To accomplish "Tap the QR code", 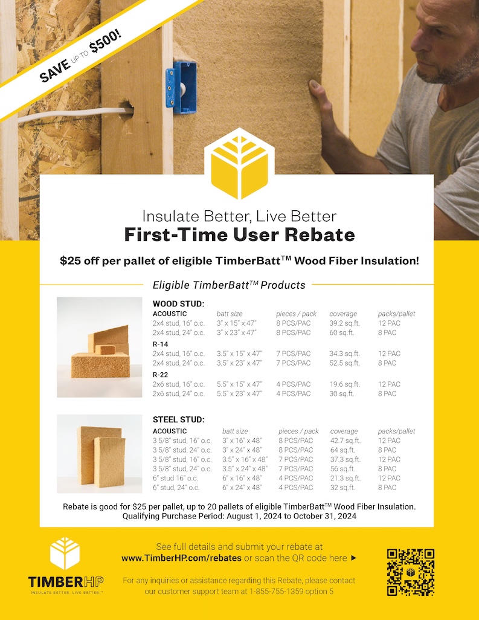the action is pos(411,572).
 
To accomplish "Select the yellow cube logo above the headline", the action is pos(239,164).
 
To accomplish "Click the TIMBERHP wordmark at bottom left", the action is pos(66,582).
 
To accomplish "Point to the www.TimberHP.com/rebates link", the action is pos(181,558).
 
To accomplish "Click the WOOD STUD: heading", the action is pos(179,304).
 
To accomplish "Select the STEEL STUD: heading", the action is pos(179,419).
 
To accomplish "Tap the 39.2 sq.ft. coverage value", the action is pos(345,323).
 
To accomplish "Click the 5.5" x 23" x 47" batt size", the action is pos(239,393).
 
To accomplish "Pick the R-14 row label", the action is pos(161,344).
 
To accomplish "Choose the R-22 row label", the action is pos(161,375).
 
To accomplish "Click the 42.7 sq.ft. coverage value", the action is pos(346,441).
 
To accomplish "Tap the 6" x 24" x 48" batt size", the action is pos(242,488).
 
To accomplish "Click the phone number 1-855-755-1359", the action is pos(276,592).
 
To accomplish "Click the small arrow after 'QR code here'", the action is pos(354,558).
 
